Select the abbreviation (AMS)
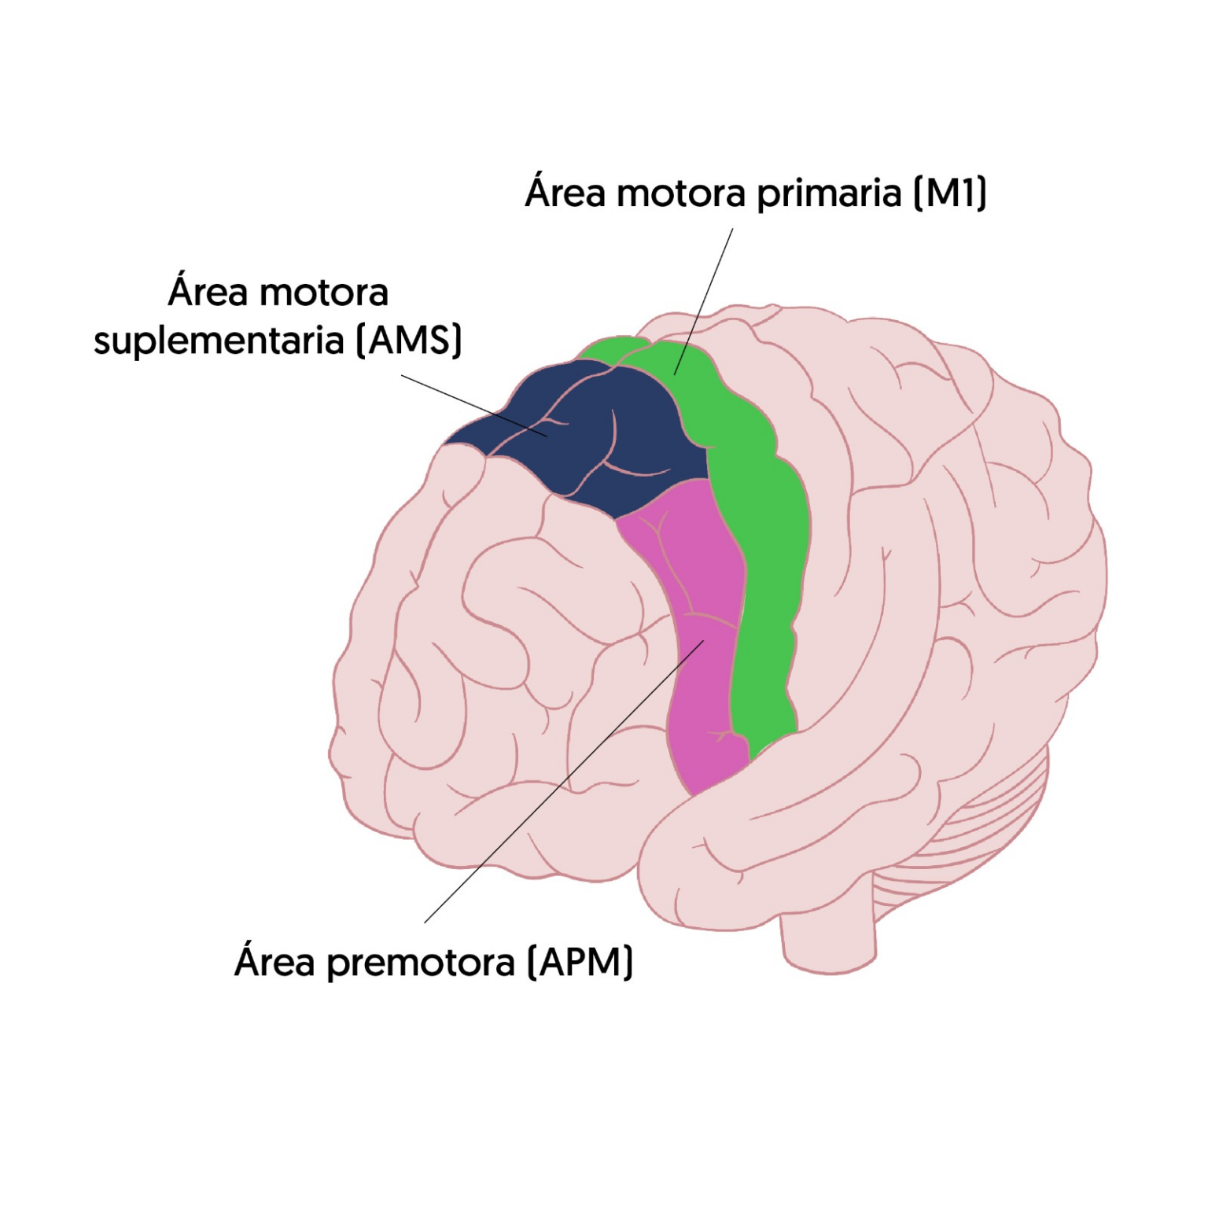(409, 341)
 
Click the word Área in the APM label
(274, 961)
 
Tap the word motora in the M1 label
(680, 193)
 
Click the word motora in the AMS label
(323, 293)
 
